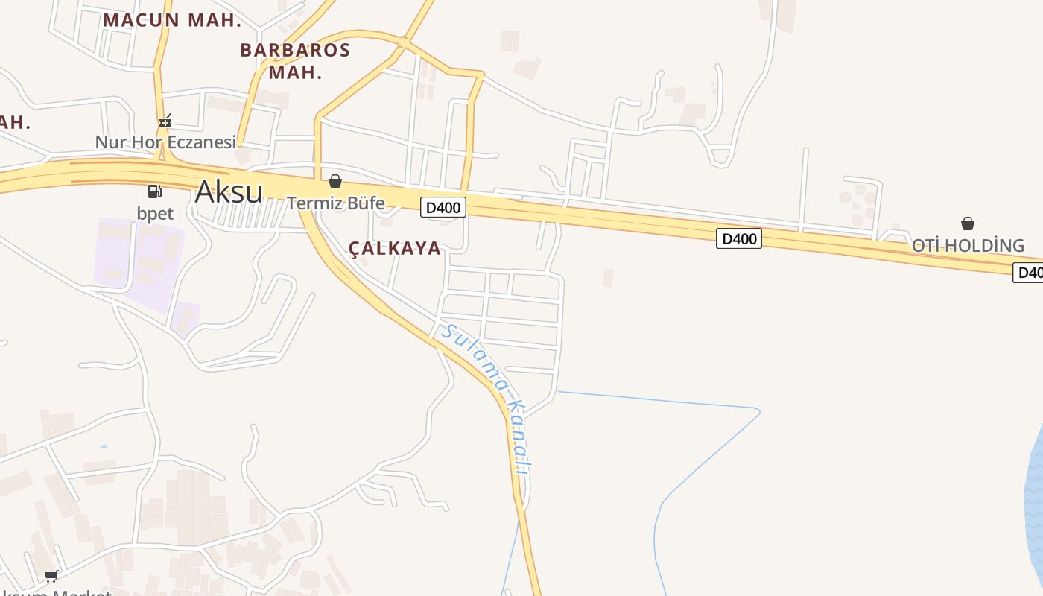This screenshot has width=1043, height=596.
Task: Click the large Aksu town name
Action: tap(228, 191)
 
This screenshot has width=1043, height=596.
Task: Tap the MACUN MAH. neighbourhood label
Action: tap(172, 20)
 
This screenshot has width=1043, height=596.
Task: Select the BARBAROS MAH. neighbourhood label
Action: tap(295, 61)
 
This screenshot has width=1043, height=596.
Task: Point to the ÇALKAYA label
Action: tap(395, 249)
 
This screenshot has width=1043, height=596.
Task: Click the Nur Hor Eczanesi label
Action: tap(165, 142)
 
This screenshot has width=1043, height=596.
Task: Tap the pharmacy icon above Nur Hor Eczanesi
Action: tap(165, 120)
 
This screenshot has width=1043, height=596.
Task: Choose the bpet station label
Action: tap(155, 213)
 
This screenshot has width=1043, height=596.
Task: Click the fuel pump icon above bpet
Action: tap(155, 191)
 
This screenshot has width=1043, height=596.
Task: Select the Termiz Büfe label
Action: tap(336, 203)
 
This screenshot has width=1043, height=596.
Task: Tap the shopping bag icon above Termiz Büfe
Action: tap(335, 181)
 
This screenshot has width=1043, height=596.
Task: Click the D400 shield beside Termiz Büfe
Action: tap(443, 207)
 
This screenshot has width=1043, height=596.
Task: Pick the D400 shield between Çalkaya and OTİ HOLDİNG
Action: tap(739, 238)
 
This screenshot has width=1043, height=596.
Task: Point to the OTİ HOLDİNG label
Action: tap(968, 245)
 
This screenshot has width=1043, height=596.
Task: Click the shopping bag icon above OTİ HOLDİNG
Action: tap(968, 223)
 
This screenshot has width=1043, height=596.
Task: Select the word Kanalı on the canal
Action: tap(519, 439)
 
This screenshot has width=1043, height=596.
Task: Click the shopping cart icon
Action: tap(51, 576)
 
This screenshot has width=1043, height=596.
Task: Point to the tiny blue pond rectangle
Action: tap(104, 446)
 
